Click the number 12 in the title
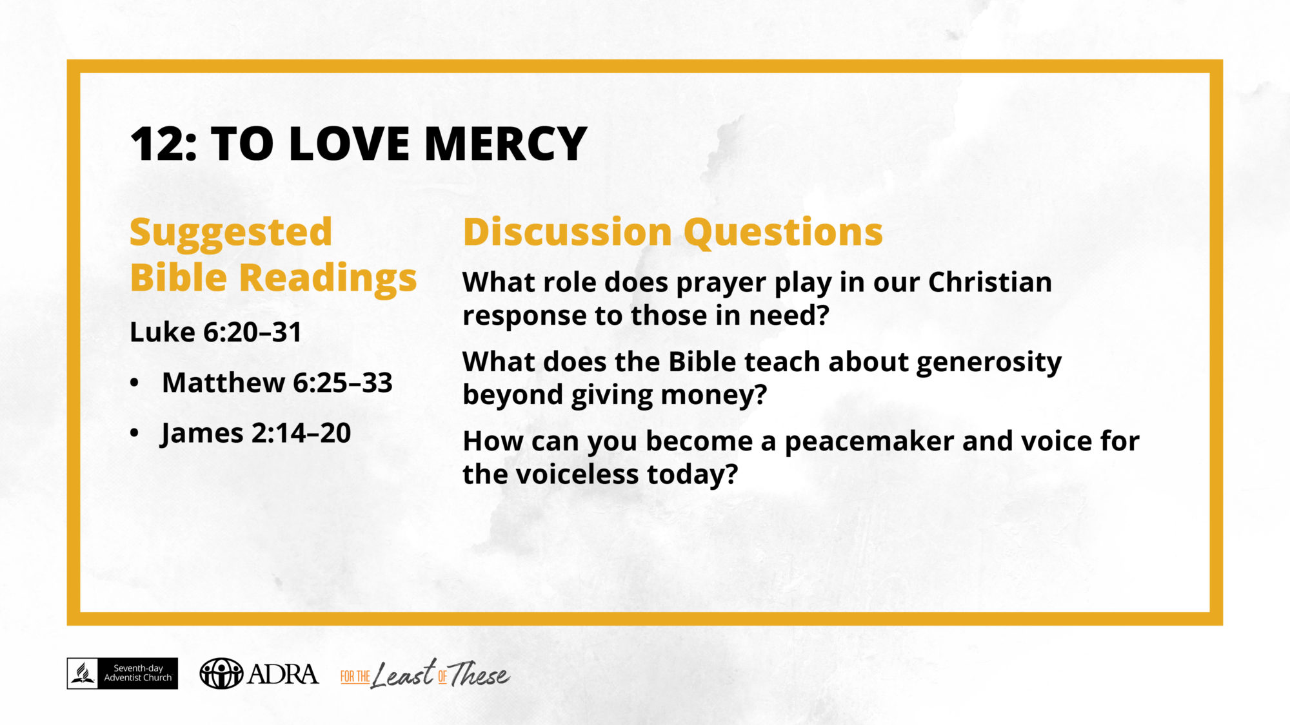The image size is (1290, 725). coord(157,144)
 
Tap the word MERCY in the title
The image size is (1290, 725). coord(506,144)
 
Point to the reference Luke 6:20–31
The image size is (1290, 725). coord(216,333)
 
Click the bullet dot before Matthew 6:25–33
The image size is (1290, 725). coord(134,383)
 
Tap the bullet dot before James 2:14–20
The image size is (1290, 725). coord(134,433)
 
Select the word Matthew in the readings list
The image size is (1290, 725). coord(223,383)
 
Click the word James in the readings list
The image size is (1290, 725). coord(202,434)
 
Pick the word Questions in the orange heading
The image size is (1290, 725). coord(783,233)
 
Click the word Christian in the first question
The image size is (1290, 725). coord(990,282)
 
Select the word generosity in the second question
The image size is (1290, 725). coord(989,363)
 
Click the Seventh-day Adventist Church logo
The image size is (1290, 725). coord(123,673)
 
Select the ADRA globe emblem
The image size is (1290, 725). coord(221,673)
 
